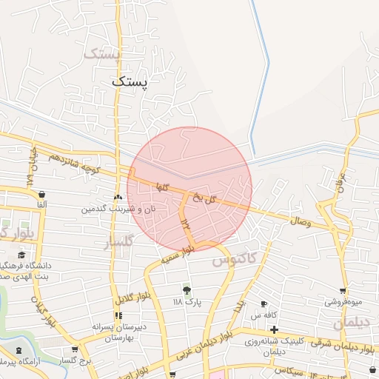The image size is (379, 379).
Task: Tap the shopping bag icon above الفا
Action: point(41,195)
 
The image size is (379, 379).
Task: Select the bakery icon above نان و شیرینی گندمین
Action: point(118,198)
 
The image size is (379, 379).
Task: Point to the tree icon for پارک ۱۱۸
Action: point(186,289)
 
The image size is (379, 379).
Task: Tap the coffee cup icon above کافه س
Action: point(264,303)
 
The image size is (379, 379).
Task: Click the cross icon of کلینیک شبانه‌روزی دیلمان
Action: point(275,329)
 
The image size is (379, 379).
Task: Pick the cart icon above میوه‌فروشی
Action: point(343,291)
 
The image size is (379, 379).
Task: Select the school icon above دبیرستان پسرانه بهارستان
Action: point(118,315)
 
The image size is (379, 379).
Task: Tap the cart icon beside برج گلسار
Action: point(74,349)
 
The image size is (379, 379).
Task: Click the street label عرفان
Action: point(341,180)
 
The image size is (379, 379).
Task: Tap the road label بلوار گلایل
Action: point(131,298)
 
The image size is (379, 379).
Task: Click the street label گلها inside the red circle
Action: point(161,188)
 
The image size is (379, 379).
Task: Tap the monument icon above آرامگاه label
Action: point(18,349)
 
